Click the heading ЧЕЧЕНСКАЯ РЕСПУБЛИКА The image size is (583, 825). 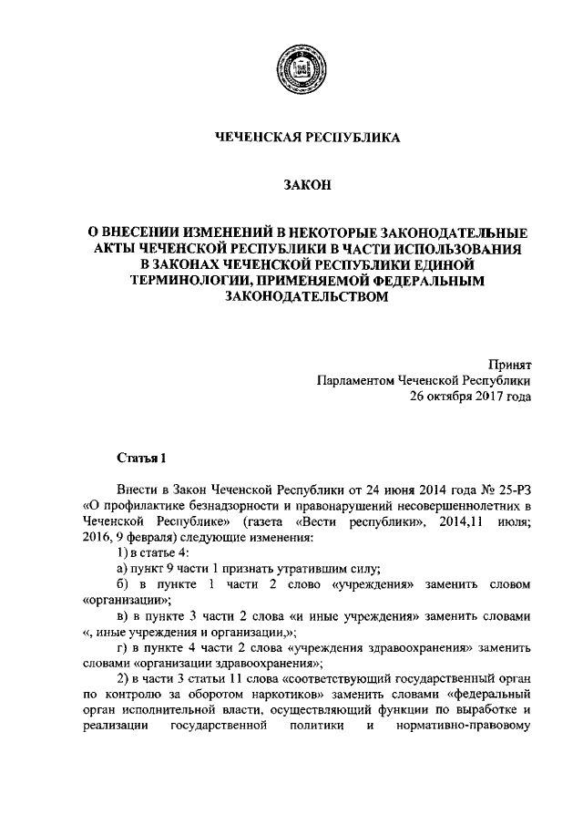point(291,138)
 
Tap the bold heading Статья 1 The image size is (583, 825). point(141,456)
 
